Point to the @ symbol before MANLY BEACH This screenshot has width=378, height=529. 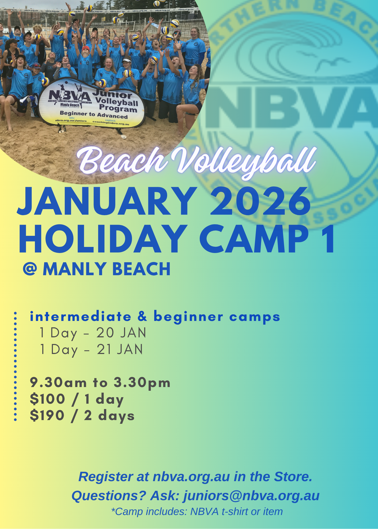(x=30, y=269)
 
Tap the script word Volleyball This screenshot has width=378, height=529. (x=244, y=161)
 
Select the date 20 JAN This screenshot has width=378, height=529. (x=121, y=333)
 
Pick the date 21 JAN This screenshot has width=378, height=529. (x=120, y=349)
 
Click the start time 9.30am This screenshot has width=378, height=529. (x=58, y=382)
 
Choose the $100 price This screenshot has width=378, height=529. (x=47, y=399)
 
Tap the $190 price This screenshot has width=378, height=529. (x=47, y=416)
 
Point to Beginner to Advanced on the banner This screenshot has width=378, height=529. (x=94, y=115)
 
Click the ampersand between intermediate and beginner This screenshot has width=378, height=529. (x=142, y=317)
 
